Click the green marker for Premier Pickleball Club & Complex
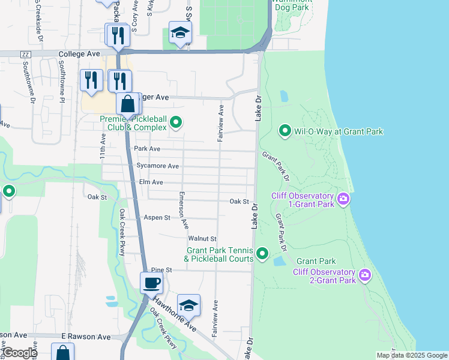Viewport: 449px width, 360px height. (175, 123)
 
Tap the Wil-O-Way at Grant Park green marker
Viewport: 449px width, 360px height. (286, 130)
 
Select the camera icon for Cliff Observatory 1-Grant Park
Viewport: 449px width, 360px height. (343, 199)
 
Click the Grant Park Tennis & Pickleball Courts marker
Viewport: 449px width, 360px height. (262, 254)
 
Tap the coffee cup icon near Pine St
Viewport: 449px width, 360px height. (151, 283)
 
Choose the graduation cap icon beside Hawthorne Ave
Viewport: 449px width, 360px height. (188, 305)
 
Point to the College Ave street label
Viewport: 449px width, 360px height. (79, 54)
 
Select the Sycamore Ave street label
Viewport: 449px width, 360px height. (158, 166)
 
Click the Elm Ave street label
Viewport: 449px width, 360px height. (151, 182)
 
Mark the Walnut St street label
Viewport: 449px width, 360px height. (202, 239)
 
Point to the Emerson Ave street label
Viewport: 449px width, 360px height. (183, 210)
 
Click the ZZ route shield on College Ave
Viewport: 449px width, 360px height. (25, 55)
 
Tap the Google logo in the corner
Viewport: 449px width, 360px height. (19, 352)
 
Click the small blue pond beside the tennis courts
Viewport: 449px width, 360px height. (279, 261)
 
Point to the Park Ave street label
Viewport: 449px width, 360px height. (147, 148)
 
